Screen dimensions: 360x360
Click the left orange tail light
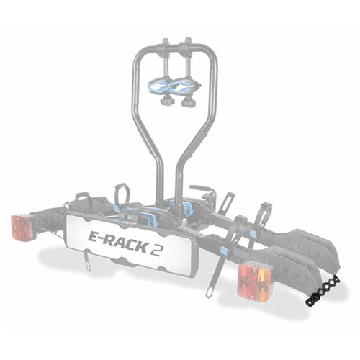pos(22,227)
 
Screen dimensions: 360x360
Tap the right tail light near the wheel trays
pos(255,279)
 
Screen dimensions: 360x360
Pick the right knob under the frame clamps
pos(189,101)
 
